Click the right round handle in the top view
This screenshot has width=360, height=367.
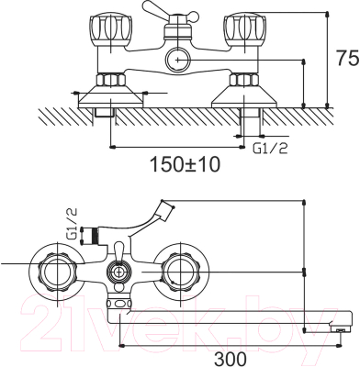click(x=179, y=272)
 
